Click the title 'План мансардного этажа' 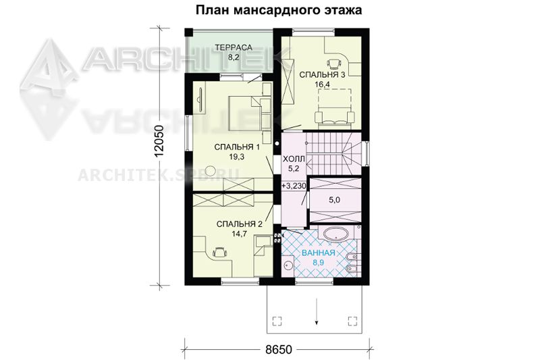tap(279, 10)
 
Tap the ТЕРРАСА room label tap(234, 47)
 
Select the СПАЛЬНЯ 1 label tap(237, 147)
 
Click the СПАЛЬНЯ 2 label tap(240, 224)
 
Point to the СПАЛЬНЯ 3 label tap(322, 75)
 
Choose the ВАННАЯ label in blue tap(319, 253)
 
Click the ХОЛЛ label tap(294, 159)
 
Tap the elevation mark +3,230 tap(294, 186)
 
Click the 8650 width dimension tap(279, 350)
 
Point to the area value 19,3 tap(237, 157)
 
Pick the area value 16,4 tap(323, 84)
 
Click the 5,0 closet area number tap(334, 199)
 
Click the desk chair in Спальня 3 tap(333, 63)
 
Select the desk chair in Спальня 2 tap(219, 252)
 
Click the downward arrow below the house tap(317, 312)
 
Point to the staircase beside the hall tap(333, 153)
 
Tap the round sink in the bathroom tap(289, 265)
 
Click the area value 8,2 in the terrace tap(234, 57)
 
